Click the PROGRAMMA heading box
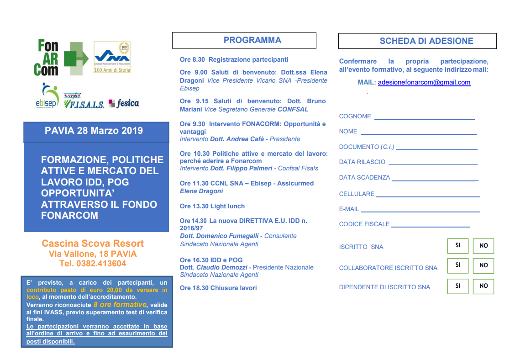coord(244,40)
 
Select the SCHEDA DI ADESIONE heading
coord(417,41)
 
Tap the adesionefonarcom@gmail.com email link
coord(424,83)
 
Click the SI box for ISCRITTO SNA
coord(458,246)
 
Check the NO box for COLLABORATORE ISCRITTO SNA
coord(484,265)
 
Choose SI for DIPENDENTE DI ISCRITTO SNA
coord(458,286)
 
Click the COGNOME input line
coord(424,119)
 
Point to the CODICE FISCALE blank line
coord(430,226)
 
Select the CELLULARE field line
coord(428,196)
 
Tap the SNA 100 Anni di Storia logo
coord(112,58)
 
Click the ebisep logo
coord(47,96)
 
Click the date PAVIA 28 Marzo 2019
coord(94,131)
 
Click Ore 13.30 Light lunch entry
coord(212,206)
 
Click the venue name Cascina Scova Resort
coord(93,244)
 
